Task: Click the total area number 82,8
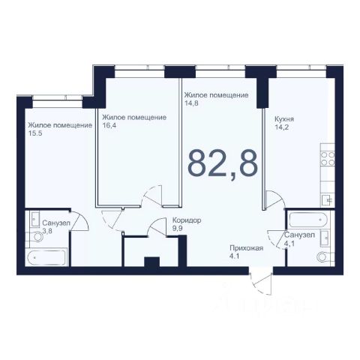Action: point(223,163)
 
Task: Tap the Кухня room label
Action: point(284,119)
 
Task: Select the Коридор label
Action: point(187,220)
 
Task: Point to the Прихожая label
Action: point(247,248)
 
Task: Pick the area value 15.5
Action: point(35,133)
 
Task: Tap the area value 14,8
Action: point(191,103)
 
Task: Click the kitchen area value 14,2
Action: point(282,127)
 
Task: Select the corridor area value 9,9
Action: point(178,229)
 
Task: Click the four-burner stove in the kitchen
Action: point(328,158)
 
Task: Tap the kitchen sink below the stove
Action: point(328,200)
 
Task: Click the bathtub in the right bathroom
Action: point(308,220)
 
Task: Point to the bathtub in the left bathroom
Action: point(46,257)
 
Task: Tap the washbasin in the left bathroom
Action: point(34,219)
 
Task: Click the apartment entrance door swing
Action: point(261,283)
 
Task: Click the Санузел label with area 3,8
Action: point(56,223)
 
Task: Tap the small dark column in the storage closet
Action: point(152,262)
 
